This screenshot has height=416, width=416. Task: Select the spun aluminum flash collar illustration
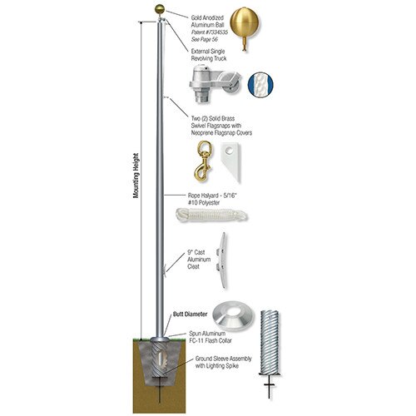(x=231, y=316)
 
